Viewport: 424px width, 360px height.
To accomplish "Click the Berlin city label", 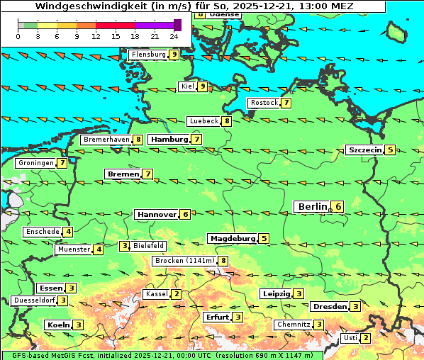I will [311, 206].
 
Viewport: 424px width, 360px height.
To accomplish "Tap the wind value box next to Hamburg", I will [196, 140].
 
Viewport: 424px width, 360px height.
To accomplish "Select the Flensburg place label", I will [148, 54].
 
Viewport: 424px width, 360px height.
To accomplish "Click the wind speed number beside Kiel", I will [202, 86].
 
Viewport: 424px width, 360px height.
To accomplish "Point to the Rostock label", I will [264, 103].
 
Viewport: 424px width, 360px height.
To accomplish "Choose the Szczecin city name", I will [364, 150].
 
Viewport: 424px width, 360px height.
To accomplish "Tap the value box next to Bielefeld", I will [125, 246].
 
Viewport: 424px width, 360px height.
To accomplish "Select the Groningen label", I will [35, 163].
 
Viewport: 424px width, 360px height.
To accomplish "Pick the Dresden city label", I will [329, 306].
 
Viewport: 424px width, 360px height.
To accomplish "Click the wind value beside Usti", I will [365, 338].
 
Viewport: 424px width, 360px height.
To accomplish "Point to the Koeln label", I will [57, 325].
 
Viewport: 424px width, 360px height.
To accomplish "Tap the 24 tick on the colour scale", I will [174, 35].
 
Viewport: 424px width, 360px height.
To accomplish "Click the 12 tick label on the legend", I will [95, 35].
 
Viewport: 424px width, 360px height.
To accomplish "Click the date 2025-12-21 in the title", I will [261, 6].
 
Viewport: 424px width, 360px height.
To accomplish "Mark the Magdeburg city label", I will [232, 238].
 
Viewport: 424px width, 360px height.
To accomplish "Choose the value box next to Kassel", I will [177, 294].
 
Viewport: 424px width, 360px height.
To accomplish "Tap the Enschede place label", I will [41, 232].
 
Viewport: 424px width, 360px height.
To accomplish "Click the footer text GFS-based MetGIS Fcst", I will [48, 355].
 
